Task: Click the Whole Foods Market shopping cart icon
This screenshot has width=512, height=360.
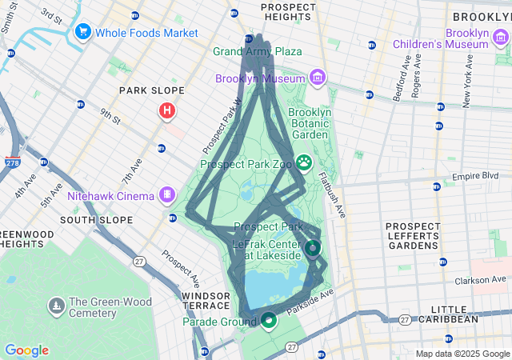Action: click(x=82, y=33)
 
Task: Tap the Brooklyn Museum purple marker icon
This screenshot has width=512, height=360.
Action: click(x=318, y=78)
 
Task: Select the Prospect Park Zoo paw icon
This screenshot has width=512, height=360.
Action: click(x=304, y=163)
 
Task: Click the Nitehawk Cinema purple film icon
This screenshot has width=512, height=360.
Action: click(x=167, y=193)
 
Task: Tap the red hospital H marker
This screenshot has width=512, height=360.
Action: click(x=166, y=110)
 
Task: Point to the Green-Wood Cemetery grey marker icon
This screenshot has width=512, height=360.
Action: click(x=56, y=306)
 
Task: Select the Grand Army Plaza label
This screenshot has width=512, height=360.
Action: click(x=258, y=52)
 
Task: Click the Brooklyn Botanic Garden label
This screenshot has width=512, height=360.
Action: click(x=309, y=124)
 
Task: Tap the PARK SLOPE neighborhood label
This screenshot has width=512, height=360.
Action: click(x=152, y=90)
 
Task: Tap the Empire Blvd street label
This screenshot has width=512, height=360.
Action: click(x=481, y=176)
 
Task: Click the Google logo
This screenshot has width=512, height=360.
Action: click(x=26, y=350)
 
